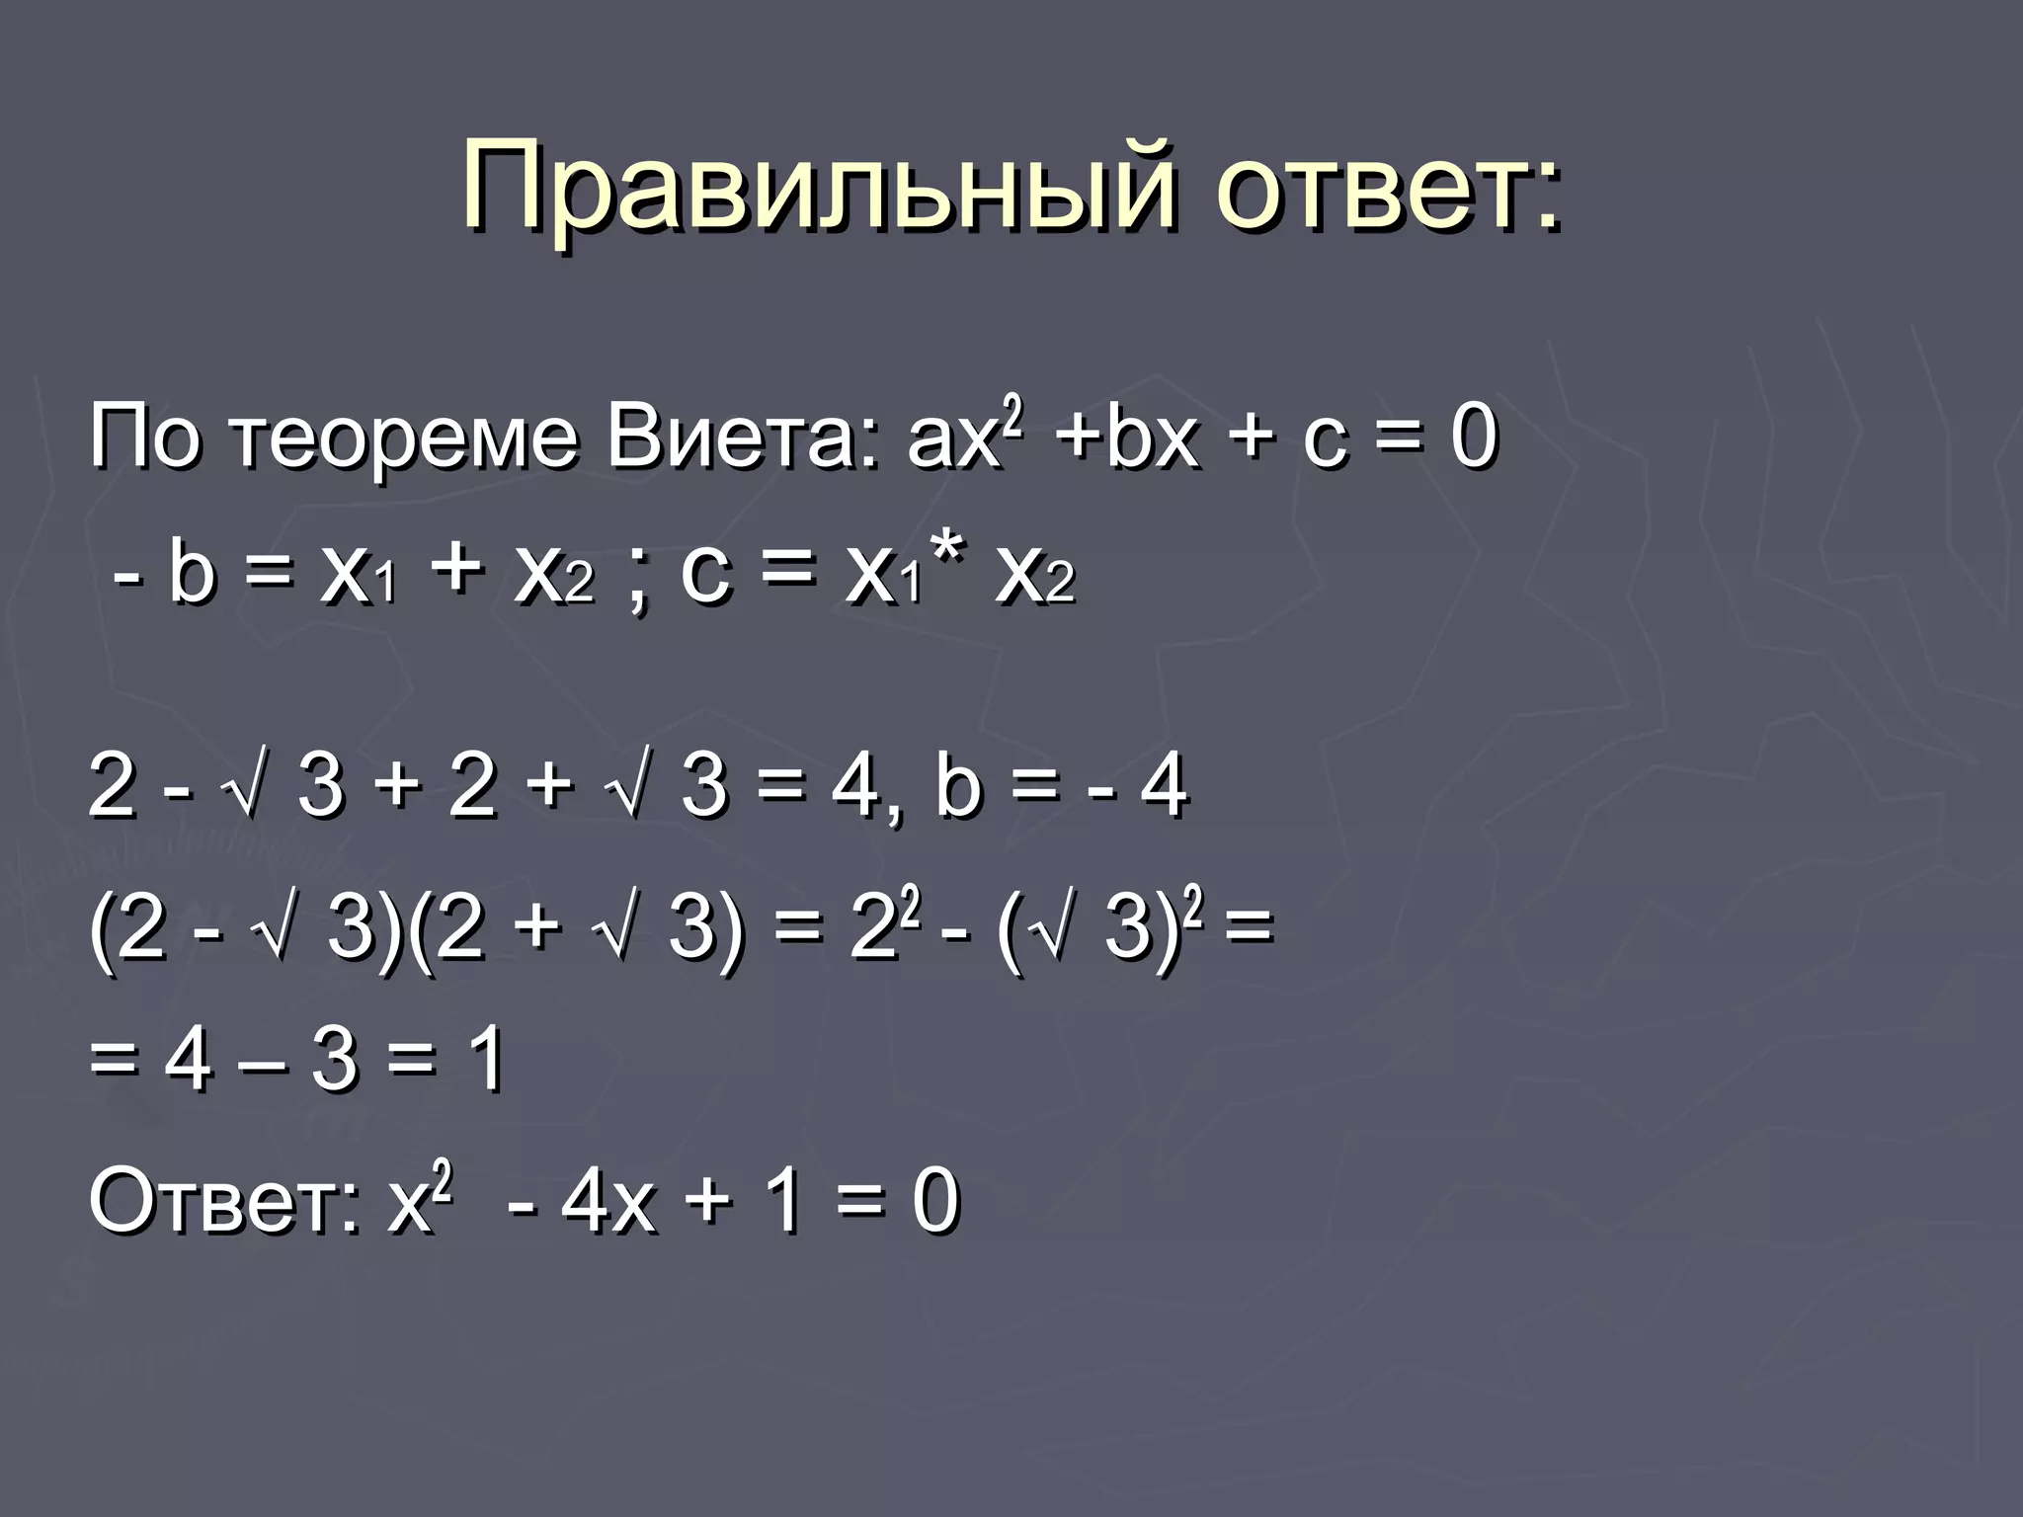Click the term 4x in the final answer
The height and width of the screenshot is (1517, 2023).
point(608,1203)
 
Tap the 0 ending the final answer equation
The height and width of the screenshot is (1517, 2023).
point(934,1203)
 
